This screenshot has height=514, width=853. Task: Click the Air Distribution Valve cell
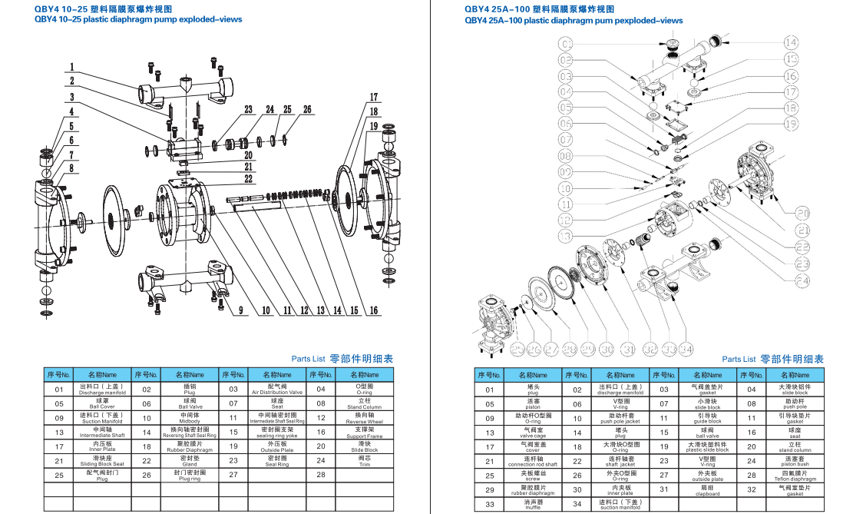(x=277, y=390)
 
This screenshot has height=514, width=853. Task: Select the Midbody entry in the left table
(x=190, y=419)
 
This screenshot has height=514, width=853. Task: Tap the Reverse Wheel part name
(x=364, y=419)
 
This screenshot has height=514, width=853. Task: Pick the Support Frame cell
(x=364, y=433)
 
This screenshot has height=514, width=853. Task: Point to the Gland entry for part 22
(x=190, y=462)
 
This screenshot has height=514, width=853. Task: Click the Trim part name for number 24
(x=364, y=462)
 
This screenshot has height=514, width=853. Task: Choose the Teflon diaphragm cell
(x=795, y=476)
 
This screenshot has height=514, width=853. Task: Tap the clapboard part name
(x=708, y=490)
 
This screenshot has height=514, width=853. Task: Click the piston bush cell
(x=795, y=462)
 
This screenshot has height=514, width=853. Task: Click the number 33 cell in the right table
(x=489, y=505)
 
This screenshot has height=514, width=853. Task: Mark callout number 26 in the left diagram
(x=307, y=110)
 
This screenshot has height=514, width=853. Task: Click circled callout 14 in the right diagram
(x=790, y=41)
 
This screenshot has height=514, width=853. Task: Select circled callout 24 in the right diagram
(x=802, y=281)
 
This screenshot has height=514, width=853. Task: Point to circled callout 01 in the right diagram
(x=566, y=42)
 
